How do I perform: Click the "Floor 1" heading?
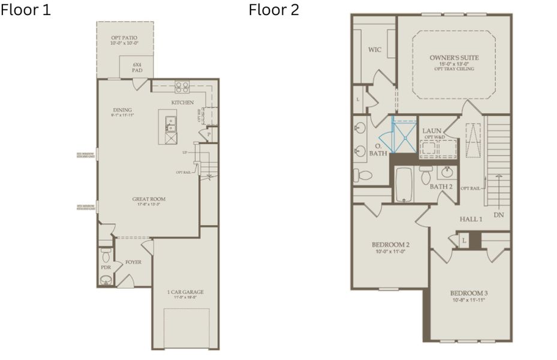coord(26,10)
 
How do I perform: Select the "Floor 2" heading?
coord(274,10)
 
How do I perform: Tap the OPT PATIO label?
coord(124,38)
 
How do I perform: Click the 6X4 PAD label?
coord(137,67)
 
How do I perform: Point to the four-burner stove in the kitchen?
coord(182,88)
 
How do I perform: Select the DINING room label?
coord(122,110)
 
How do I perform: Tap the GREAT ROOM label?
coord(149,199)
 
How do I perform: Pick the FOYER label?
coord(133,262)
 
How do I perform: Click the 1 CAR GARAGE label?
coord(185,292)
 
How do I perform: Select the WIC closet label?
coord(374,50)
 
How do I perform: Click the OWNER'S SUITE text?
coord(454,58)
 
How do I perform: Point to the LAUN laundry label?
coord(432,130)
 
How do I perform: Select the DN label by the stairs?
coord(498,214)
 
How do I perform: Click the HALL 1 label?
coord(471,219)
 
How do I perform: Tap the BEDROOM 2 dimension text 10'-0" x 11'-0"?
coord(390,253)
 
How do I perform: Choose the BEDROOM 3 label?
coord(469,293)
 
